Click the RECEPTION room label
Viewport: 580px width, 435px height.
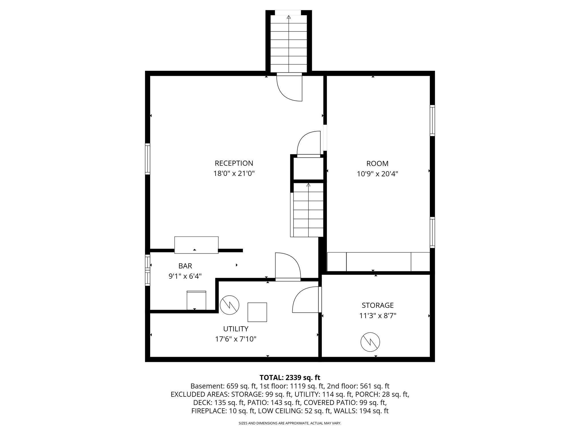coord(234,163)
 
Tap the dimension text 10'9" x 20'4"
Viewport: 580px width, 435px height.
coord(377,174)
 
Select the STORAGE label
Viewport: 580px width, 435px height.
coord(378,305)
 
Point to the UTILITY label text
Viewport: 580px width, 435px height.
coord(236,329)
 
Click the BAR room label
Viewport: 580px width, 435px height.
coord(185,266)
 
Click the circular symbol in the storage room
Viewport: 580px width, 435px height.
coord(370,342)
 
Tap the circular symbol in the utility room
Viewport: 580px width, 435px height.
coord(229,305)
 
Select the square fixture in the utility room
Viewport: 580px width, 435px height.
coord(257,312)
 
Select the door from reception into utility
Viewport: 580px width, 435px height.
coord(287,266)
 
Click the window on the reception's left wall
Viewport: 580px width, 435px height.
coord(148,159)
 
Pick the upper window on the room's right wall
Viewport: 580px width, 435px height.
coord(432,120)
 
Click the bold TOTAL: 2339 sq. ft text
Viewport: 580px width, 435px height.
coord(290,378)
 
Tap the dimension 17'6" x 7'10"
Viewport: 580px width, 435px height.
coord(236,339)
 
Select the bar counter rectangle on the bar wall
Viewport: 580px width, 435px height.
coord(196,245)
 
